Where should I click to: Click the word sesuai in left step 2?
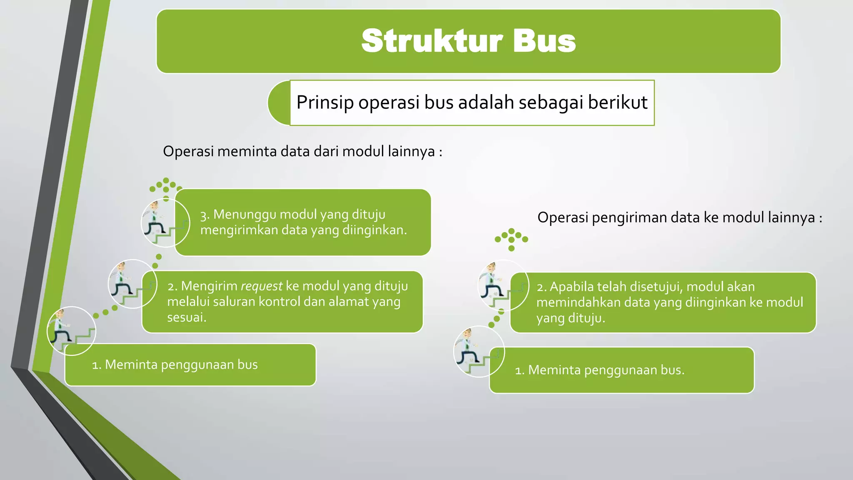[186, 317]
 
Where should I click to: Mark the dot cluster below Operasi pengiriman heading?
[511, 239]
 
